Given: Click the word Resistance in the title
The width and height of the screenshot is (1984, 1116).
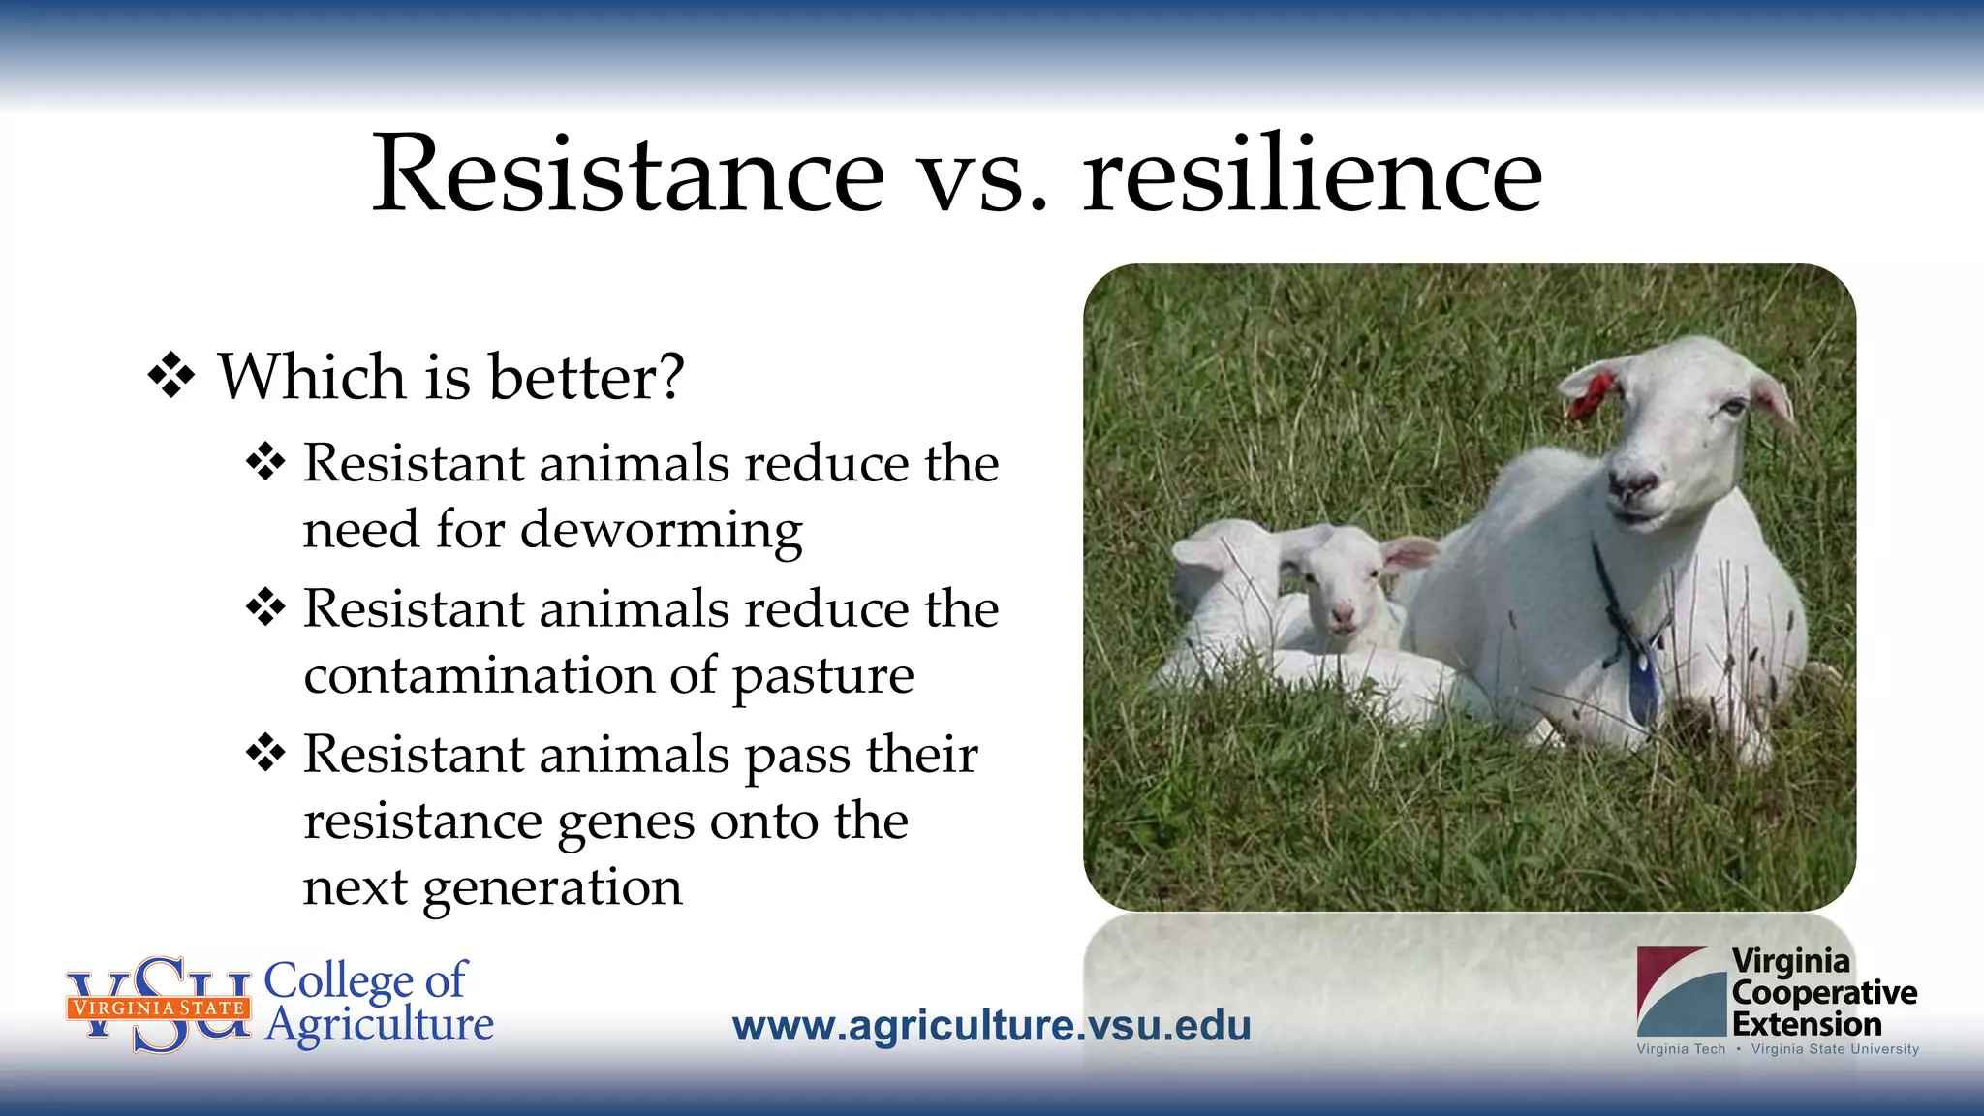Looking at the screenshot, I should [x=628, y=175].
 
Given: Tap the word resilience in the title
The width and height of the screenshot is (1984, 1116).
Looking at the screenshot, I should [x=1313, y=175].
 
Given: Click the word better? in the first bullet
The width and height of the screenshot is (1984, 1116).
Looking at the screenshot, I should [x=587, y=377].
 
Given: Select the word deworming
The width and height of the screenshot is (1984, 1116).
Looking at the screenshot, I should [x=661, y=531].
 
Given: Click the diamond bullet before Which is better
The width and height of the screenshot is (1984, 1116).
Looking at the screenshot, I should [x=171, y=376].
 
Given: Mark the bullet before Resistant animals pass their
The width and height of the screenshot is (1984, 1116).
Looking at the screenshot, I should [x=265, y=753].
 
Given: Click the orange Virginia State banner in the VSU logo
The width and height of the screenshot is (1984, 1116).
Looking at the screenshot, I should [x=158, y=1007].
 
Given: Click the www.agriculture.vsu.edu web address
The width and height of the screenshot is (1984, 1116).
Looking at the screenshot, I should [x=991, y=1026].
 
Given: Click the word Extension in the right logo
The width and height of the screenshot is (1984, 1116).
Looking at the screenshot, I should [x=1807, y=1024].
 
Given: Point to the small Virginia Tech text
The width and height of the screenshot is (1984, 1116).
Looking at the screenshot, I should [x=1681, y=1049].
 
